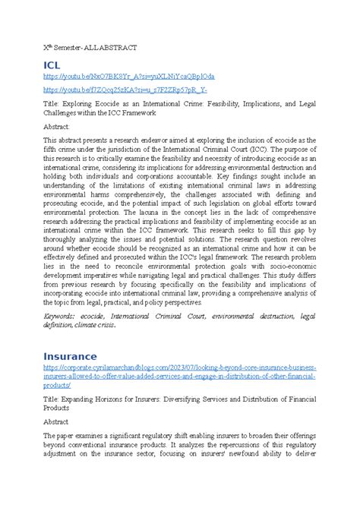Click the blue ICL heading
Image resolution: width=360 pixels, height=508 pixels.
coord(55,66)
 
